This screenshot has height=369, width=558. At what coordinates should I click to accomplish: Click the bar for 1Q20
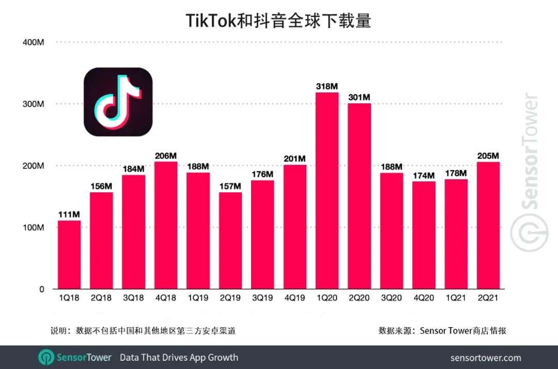[x=327, y=191]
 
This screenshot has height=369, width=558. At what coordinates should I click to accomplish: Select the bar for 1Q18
[x=69, y=255]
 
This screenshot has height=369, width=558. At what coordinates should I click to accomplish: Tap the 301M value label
[x=359, y=97]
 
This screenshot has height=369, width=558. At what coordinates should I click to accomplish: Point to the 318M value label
[x=327, y=86]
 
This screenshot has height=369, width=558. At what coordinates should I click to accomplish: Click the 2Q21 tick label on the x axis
[x=488, y=299]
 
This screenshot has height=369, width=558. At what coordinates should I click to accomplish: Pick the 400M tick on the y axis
[x=33, y=42]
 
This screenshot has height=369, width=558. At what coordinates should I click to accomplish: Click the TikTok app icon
[x=118, y=102]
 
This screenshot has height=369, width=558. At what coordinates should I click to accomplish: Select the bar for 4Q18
[x=166, y=225]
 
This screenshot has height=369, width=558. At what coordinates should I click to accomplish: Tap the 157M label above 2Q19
[x=230, y=186]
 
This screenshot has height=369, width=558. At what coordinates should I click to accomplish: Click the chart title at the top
[x=278, y=21]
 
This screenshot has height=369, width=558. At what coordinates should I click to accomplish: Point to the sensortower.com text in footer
[x=486, y=358]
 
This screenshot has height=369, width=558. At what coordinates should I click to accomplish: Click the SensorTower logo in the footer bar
[x=75, y=357]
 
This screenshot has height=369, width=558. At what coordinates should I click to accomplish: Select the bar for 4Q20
[x=424, y=235]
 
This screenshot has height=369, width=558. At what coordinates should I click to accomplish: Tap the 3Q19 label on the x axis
[x=262, y=299]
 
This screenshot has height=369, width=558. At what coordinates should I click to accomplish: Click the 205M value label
[x=488, y=156]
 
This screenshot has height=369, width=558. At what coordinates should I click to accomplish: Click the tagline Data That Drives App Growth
[x=179, y=357]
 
